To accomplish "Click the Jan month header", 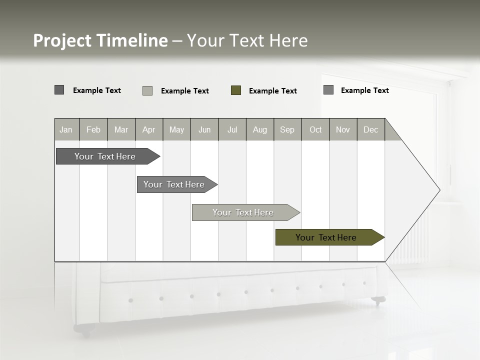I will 66,129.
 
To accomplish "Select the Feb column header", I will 93,129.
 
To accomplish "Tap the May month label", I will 176,129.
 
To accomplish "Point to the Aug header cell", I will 259,129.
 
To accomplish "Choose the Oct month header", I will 315,129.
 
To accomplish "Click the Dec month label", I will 370,129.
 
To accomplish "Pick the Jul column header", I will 232,129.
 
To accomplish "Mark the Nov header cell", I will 343,129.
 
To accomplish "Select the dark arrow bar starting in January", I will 105,156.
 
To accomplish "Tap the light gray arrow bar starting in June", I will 243,212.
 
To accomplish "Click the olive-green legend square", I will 236,90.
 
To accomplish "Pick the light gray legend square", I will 147,90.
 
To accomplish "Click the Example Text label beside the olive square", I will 273,91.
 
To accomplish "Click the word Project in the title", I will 62,40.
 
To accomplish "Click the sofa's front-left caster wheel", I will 84,330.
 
